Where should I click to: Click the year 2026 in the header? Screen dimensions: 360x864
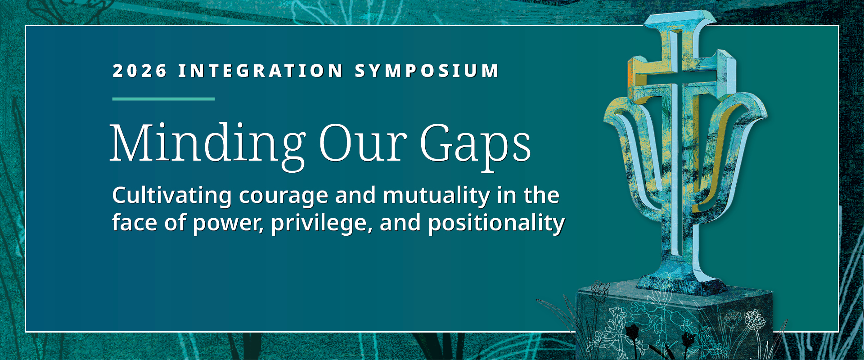pos(139,71)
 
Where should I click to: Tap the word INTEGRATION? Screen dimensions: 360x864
pos(261,71)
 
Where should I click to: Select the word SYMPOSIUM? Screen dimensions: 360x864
pos(427,71)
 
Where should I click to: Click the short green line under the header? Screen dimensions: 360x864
pos(163,99)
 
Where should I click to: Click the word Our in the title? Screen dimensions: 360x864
pos(363,143)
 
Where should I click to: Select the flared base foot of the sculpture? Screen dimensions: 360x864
pos(679,283)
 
